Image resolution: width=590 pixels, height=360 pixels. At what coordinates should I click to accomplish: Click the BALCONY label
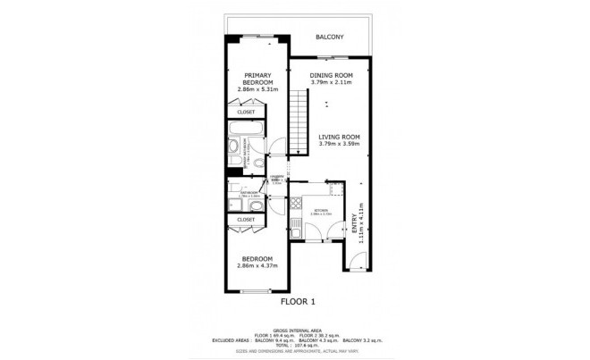(330, 37)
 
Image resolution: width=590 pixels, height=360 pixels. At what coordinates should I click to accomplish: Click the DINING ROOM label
(332, 75)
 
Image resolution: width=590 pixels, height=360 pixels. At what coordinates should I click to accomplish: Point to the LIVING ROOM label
(339, 138)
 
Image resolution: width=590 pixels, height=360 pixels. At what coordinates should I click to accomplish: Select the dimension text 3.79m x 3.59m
(339, 146)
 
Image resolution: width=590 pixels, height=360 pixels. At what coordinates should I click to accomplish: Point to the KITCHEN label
(320, 211)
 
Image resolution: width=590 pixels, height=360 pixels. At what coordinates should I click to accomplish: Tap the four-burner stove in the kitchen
(295, 212)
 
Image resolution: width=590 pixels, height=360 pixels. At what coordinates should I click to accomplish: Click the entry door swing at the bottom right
(355, 262)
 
